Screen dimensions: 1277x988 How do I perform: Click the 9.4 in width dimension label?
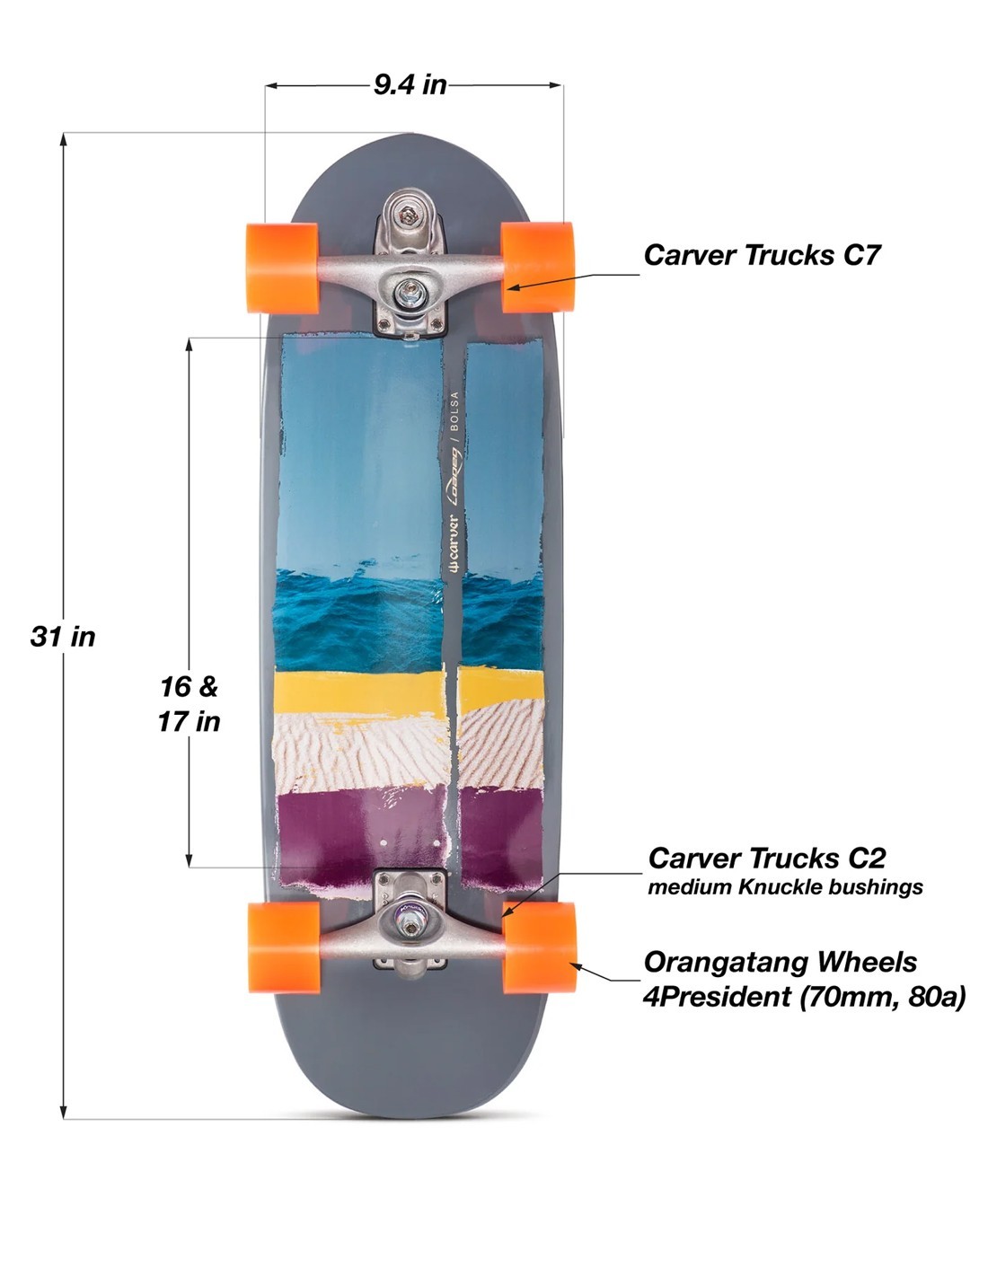410,84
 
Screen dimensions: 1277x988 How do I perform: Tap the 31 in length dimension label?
63,637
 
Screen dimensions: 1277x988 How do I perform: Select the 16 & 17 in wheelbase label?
189,703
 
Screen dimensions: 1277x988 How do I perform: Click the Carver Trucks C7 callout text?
762,255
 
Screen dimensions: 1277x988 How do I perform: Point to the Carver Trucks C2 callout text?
767,858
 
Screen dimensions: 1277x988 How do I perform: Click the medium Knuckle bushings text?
785,887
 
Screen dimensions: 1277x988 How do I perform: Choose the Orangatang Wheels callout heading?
780,962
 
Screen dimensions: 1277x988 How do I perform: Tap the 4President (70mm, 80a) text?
804,996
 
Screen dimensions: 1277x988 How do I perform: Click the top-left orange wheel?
282,268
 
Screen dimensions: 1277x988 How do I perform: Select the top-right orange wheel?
537,267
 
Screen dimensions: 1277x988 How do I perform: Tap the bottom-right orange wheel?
539,947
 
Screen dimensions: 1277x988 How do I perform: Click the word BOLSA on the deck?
454,412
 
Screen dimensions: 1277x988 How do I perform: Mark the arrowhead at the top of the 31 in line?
64,138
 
